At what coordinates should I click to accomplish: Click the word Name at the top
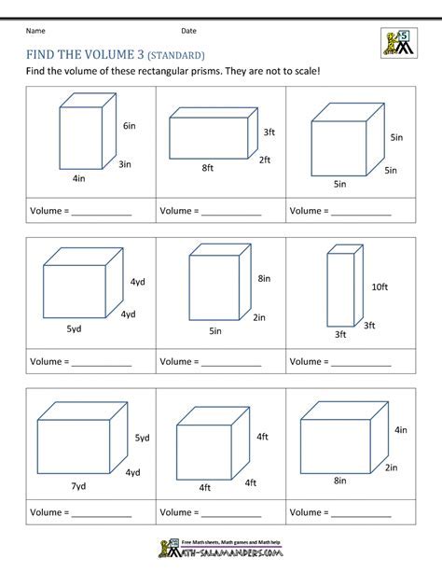(35, 31)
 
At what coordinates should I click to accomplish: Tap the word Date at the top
(189, 31)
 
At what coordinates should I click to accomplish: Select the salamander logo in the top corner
(398, 42)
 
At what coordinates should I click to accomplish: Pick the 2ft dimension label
(265, 160)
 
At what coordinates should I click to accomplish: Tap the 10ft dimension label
(379, 287)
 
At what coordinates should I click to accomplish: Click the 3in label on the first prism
(124, 164)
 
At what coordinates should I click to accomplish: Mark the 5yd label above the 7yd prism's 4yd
(142, 438)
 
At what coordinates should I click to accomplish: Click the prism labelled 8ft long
(211, 133)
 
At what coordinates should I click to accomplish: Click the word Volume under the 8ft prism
(176, 212)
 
